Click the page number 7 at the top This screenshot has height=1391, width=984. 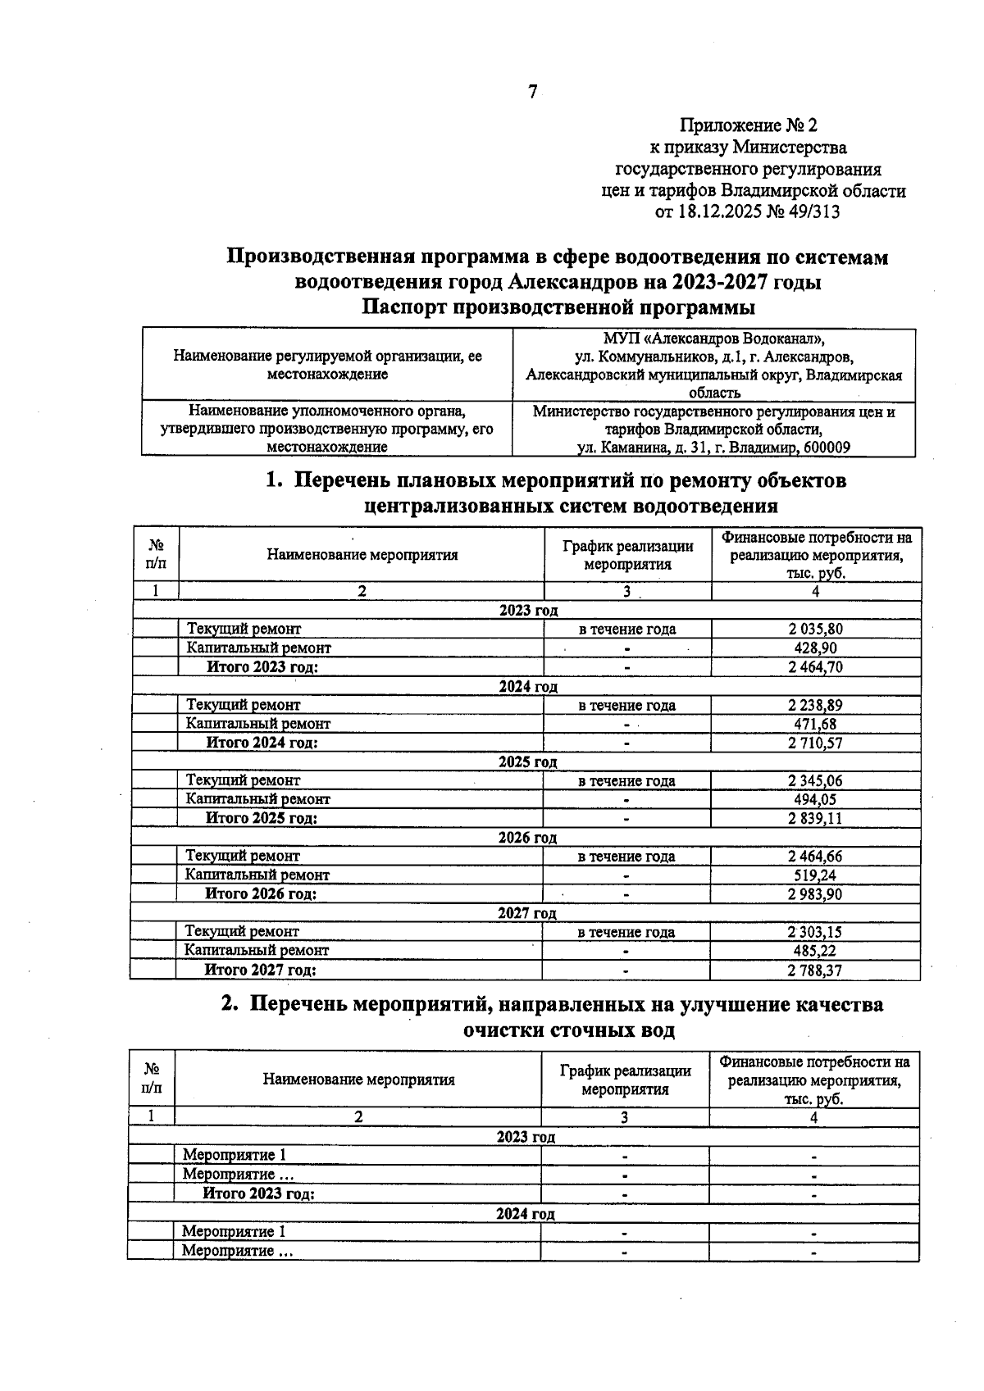[x=532, y=92]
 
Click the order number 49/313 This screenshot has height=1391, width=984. [x=812, y=212]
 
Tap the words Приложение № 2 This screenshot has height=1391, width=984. [x=749, y=125]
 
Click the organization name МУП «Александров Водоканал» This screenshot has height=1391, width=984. [x=713, y=339]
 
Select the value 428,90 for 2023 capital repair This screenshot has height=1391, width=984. [x=815, y=648]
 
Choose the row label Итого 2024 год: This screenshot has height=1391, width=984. [x=262, y=743]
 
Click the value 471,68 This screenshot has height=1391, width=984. [x=815, y=724]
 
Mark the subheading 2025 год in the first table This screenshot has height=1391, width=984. [x=528, y=761]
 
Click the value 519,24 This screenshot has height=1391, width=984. [x=815, y=875]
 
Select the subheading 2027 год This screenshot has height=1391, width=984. [x=527, y=913]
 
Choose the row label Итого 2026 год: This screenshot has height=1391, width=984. [x=261, y=893]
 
